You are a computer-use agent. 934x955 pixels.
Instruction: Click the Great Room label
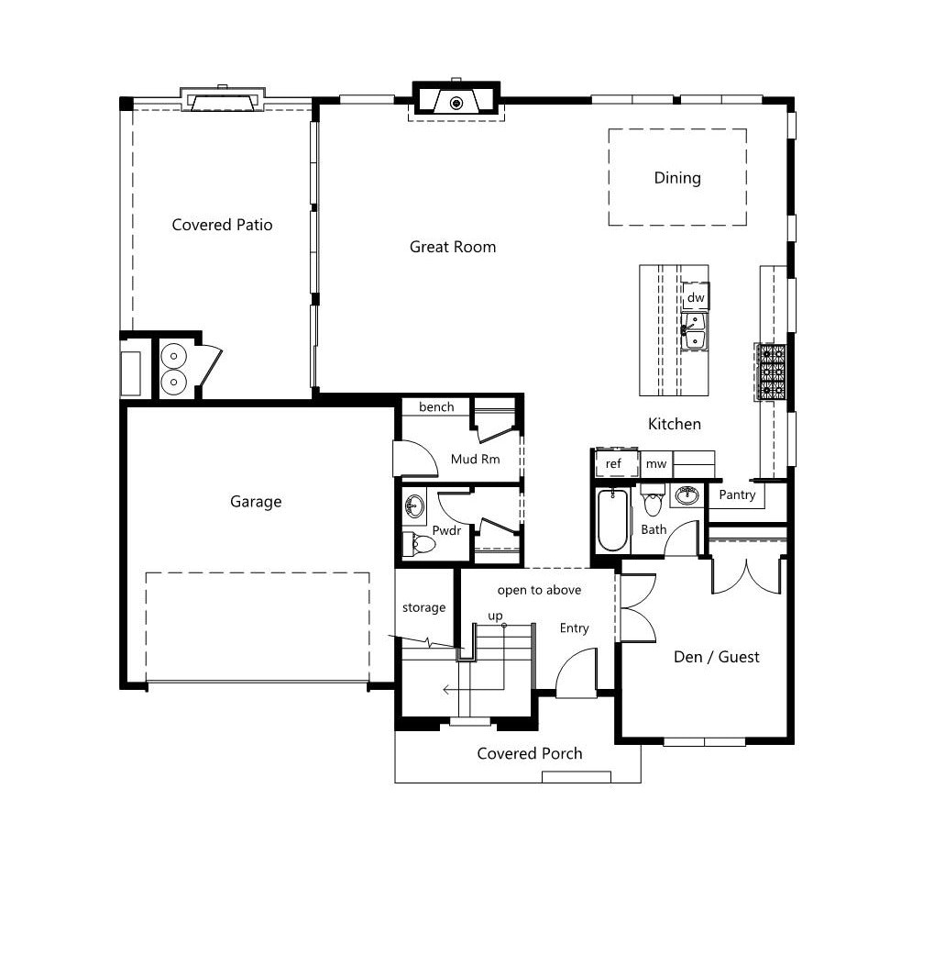click(453, 247)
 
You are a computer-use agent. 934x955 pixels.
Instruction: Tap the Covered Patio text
click(222, 225)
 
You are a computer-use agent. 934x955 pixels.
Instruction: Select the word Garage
click(256, 502)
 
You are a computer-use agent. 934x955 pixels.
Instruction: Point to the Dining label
click(677, 178)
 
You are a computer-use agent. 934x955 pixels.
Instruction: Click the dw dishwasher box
click(696, 297)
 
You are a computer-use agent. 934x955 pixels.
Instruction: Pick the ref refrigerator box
click(615, 463)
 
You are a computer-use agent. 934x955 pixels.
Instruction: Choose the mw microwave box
click(656, 464)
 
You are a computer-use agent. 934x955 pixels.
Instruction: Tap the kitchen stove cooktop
click(771, 372)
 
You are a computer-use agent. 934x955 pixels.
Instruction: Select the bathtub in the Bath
click(612, 519)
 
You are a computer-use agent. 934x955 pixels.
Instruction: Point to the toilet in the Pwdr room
click(419, 543)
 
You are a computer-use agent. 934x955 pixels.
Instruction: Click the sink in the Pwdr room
click(414, 505)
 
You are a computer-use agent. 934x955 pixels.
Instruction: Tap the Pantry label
click(737, 494)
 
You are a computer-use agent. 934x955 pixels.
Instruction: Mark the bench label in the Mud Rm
click(436, 406)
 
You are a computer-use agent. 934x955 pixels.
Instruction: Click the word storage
click(424, 608)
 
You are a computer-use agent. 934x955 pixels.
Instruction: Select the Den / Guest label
click(717, 657)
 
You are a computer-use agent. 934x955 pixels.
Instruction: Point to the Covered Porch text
click(530, 753)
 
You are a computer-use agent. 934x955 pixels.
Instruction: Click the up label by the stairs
click(495, 616)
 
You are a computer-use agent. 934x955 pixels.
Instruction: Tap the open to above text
click(539, 590)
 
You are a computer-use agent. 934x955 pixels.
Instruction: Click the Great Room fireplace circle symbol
click(456, 104)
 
